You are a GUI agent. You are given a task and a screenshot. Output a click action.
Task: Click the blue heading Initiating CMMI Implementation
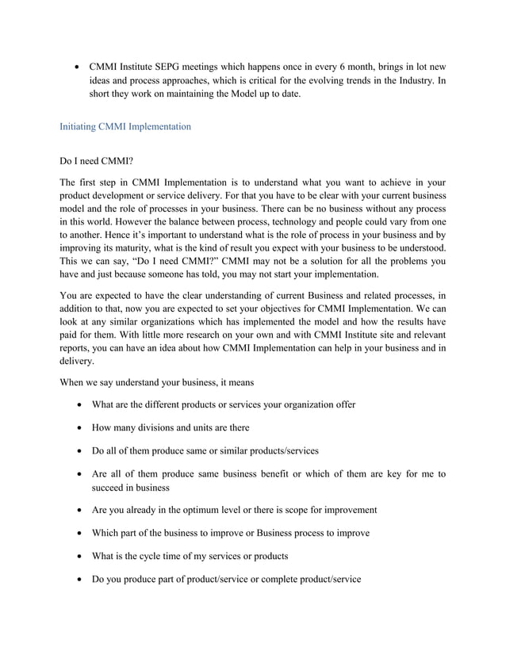tap(125, 126)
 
